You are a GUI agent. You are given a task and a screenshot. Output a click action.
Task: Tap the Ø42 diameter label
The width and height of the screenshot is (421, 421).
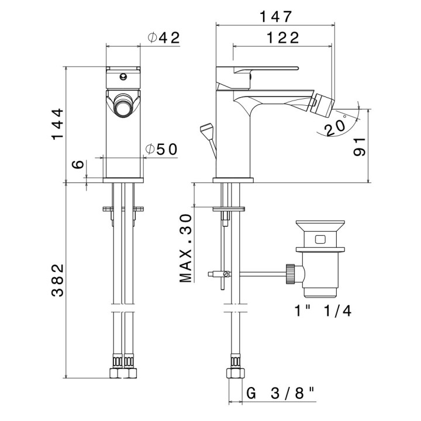pyautogui.click(x=163, y=37)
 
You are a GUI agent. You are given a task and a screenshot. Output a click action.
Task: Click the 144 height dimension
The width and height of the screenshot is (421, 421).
pyautogui.click(x=57, y=124)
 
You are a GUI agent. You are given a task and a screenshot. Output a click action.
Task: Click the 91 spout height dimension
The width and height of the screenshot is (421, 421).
pyautogui.click(x=360, y=146)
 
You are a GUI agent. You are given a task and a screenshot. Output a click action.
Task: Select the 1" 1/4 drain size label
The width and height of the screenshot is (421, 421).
pyautogui.click(x=323, y=310)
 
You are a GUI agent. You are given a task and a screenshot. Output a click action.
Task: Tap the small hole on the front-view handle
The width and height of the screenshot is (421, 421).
pyautogui.click(x=124, y=76)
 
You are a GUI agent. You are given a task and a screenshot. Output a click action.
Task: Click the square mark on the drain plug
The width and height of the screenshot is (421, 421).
pyautogui.click(x=319, y=239)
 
